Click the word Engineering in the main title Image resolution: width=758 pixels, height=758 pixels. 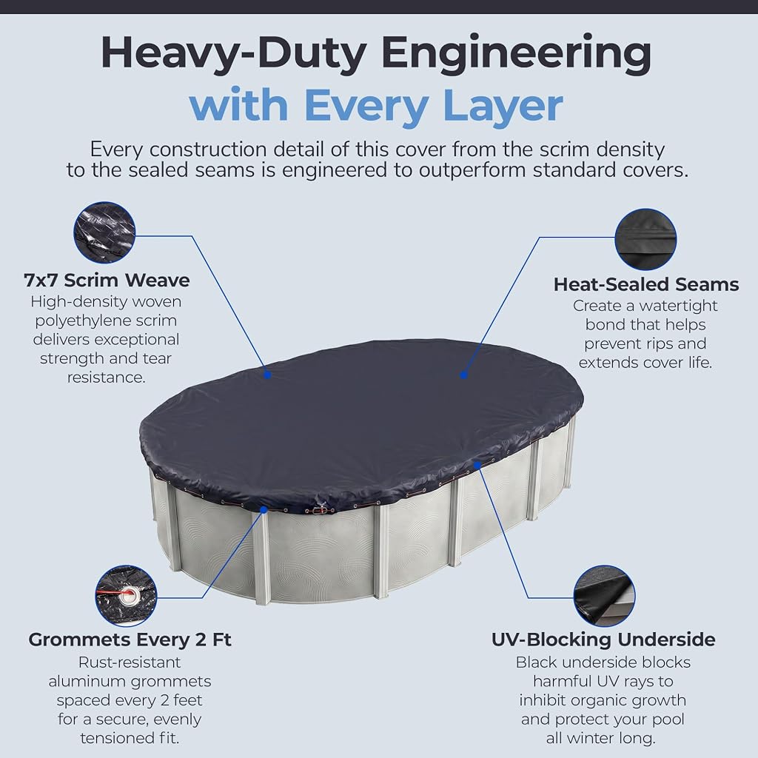tap(516, 54)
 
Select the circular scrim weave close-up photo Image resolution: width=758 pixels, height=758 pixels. tap(104, 232)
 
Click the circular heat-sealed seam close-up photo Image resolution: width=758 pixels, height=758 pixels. tap(645, 239)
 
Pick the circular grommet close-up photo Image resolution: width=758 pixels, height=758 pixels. tap(126, 596)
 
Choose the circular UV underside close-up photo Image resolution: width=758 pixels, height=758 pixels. tap(604, 596)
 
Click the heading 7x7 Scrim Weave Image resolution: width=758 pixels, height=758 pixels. tap(107, 281)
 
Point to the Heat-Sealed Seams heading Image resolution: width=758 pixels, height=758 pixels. tap(645, 284)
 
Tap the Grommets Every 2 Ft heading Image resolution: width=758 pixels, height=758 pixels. tap(130, 640)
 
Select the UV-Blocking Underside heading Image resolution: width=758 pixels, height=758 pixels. tap(603, 640)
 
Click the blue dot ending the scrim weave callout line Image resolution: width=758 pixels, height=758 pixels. tap(267, 374)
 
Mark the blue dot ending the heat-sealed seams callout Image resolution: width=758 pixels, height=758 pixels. tap(463, 374)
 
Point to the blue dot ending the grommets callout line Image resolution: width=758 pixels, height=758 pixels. tap(264, 509)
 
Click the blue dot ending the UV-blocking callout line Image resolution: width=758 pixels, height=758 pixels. tap(477, 465)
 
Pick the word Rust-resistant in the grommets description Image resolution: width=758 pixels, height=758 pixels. tap(130, 662)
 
